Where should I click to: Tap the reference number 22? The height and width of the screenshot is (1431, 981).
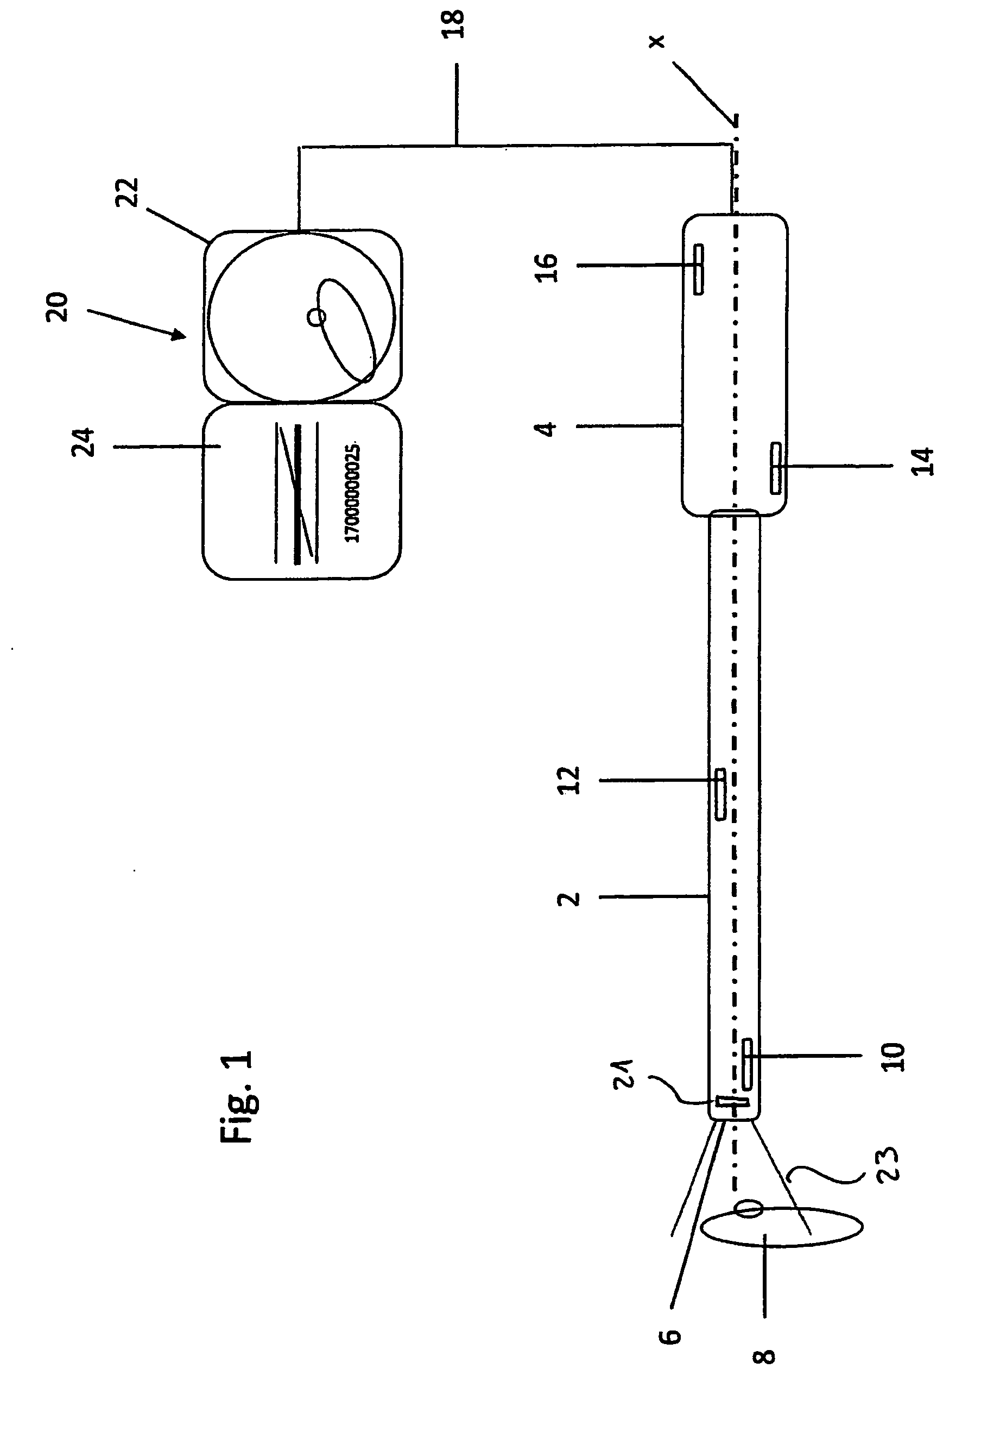click(x=128, y=192)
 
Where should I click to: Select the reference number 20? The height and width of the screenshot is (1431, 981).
click(x=56, y=306)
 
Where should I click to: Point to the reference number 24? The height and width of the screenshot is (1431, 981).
click(x=83, y=442)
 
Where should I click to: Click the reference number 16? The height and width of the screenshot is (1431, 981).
click(x=546, y=268)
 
